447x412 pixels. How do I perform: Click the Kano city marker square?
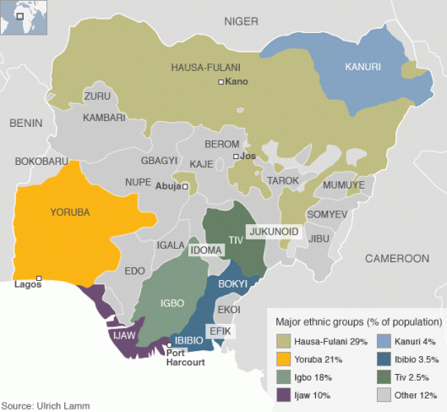pyautogui.click(x=221, y=82)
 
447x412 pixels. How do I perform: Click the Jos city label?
pyautogui.click(x=248, y=157)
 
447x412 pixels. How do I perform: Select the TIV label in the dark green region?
pyautogui.click(x=236, y=240)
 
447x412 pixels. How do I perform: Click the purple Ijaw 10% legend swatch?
pyautogui.click(x=284, y=393)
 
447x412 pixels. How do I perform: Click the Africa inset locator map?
pyautogui.click(x=25, y=17)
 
